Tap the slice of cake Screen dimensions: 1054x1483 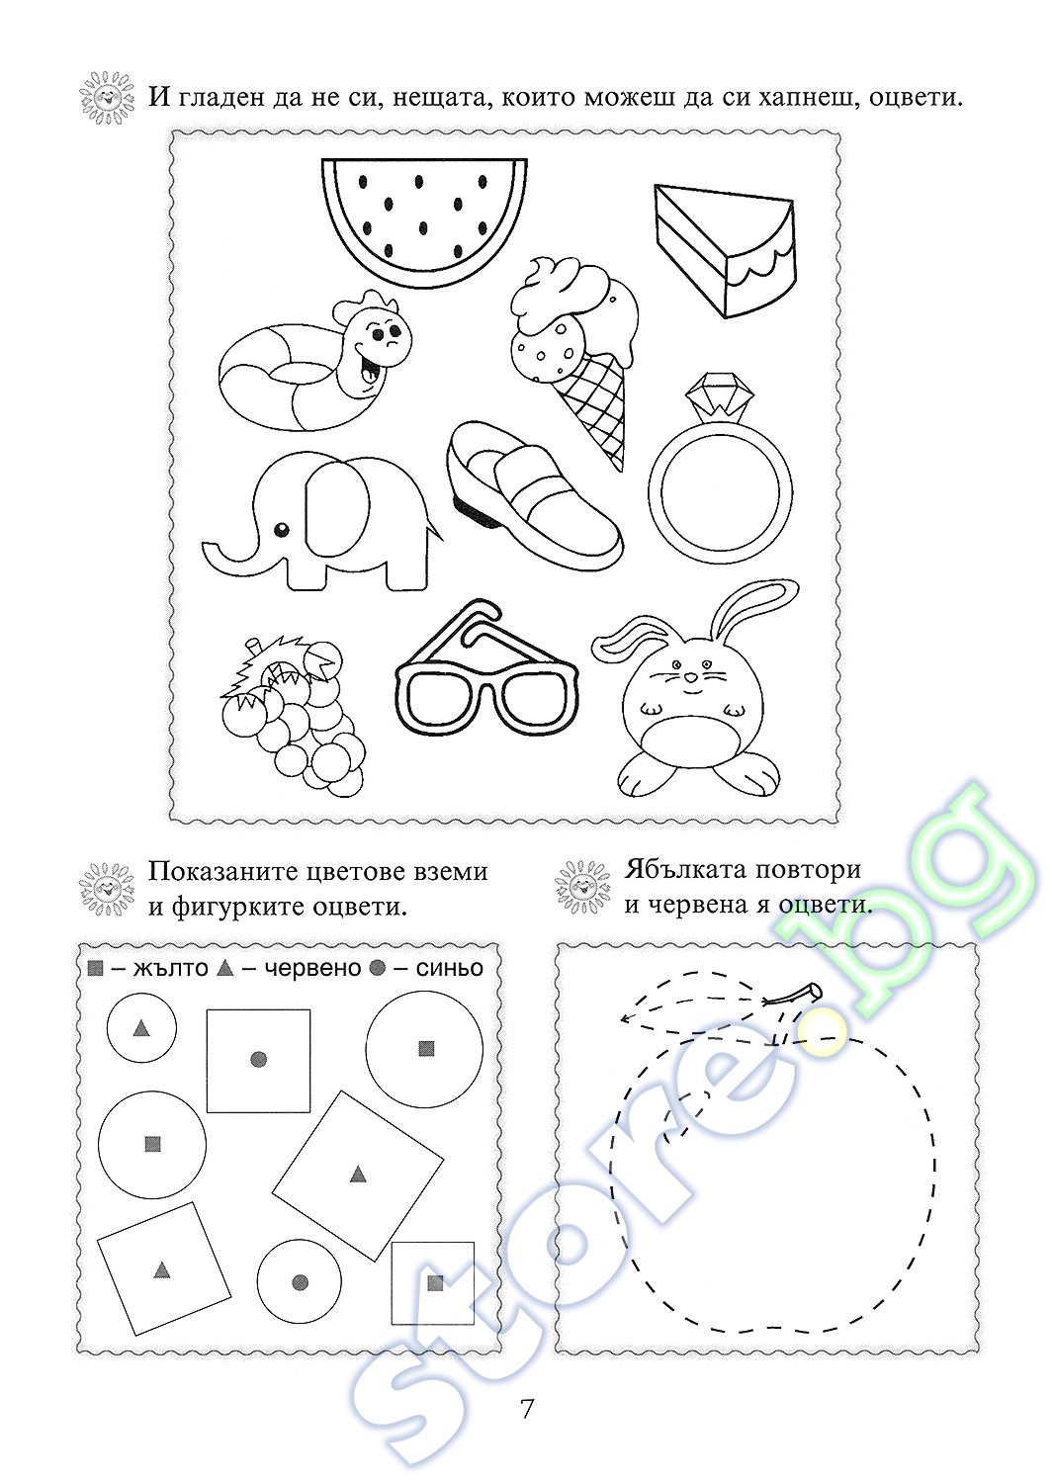click(x=724, y=250)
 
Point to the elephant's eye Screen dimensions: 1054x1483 click(x=283, y=530)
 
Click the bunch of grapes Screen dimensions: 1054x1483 click(x=294, y=716)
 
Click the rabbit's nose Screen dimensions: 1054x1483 click(x=689, y=678)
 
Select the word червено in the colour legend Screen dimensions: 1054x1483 click(x=312, y=969)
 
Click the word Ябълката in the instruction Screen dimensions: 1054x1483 click(x=687, y=869)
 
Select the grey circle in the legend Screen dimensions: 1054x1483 click(x=378, y=969)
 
